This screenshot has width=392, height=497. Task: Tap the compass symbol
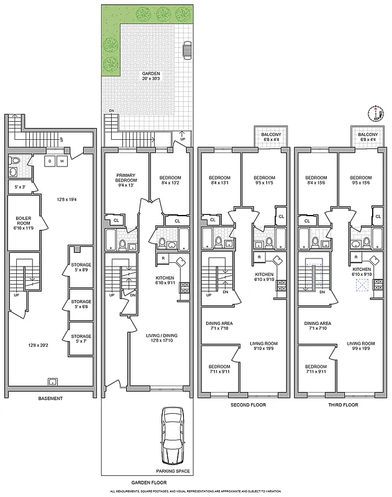click(375, 113)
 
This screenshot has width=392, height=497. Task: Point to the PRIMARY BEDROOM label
click(126, 181)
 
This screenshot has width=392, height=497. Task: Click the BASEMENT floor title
click(51, 398)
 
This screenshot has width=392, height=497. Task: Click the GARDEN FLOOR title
click(147, 481)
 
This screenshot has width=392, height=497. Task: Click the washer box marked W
click(61, 161)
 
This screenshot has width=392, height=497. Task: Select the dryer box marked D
click(50, 161)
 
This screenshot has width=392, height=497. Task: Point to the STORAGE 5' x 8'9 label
click(81, 267)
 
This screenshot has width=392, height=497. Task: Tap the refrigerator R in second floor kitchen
click(259, 257)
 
